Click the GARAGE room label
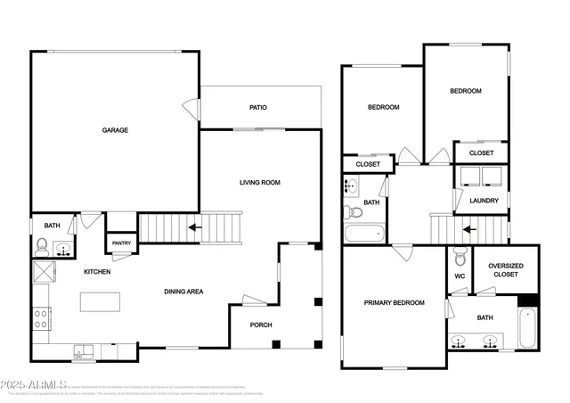point(115,130)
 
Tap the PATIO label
point(257,108)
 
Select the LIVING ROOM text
point(259,182)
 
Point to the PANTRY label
point(120,242)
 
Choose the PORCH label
point(260,325)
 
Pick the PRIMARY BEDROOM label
point(394,303)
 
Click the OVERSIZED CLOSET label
point(505,269)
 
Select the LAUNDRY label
point(484,201)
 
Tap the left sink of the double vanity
point(460,340)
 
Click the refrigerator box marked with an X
point(43,270)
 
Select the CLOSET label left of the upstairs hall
point(368,164)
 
